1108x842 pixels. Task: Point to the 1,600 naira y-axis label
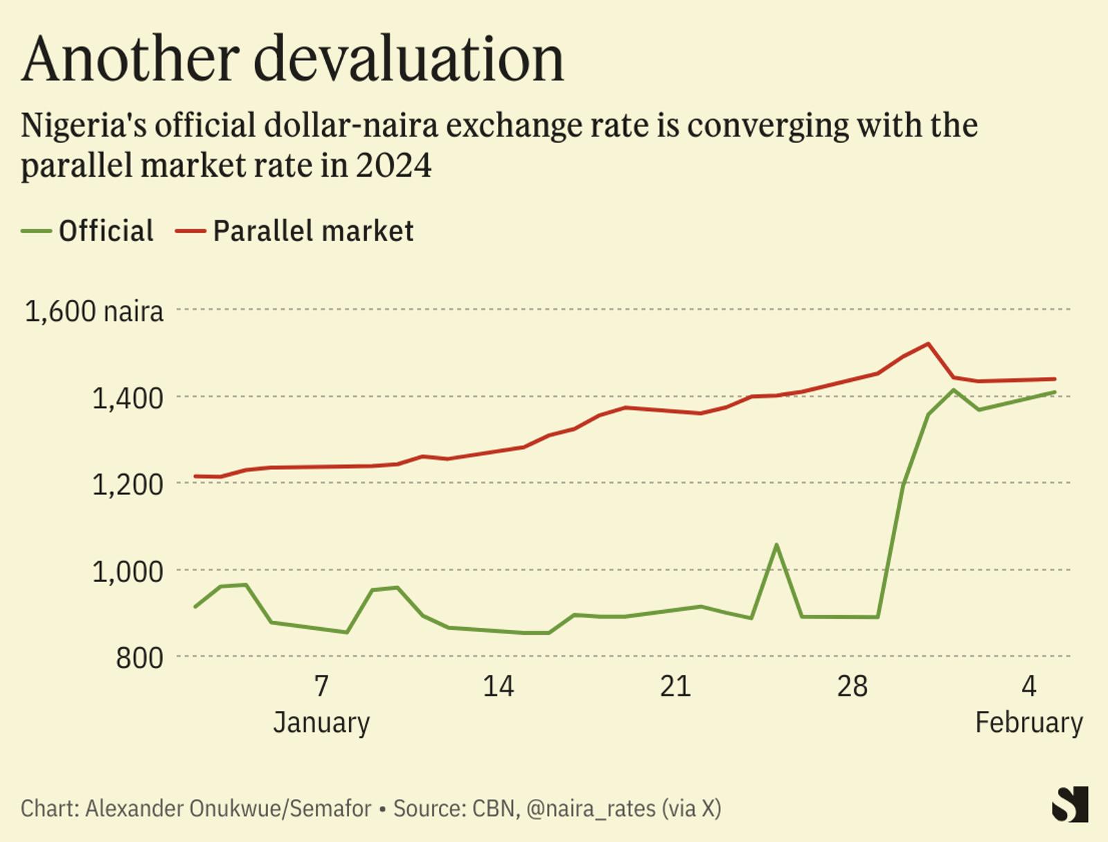tap(94, 311)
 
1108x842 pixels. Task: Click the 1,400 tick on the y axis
tap(127, 398)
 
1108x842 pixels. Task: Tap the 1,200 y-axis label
tap(127, 484)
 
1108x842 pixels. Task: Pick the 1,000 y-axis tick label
tap(127, 572)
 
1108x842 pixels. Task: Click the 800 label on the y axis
tap(139, 658)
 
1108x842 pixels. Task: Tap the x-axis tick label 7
tap(321, 686)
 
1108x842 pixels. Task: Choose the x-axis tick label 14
tap(498, 686)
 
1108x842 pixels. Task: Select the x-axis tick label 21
tap(675, 686)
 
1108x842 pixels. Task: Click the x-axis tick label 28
tap(852, 686)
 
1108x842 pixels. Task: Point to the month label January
tap(321, 722)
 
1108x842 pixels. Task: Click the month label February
tap(1028, 722)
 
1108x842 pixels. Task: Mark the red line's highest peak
tap(928, 344)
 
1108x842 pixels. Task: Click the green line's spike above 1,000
tap(776, 545)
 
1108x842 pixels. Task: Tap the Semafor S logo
tap(1070, 805)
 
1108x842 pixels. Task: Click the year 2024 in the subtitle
tap(393, 166)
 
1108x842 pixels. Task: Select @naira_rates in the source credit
tap(590, 809)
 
